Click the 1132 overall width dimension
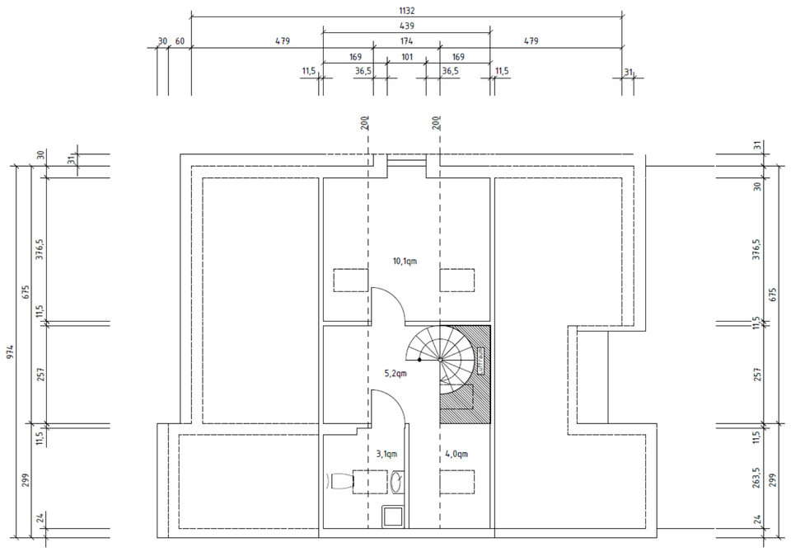[406, 10]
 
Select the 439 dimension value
[406, 26]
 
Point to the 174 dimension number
[406, 41]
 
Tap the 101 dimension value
[407, 57]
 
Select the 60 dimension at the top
[179, 41]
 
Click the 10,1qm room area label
[406, 261]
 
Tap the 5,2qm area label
[396, 373]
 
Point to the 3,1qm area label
[387, 454]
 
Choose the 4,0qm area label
[457, 454]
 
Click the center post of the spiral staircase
[440, 360]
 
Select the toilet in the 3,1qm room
[339, 481]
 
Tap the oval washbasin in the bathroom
[398, 481]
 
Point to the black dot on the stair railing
[419, 361]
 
